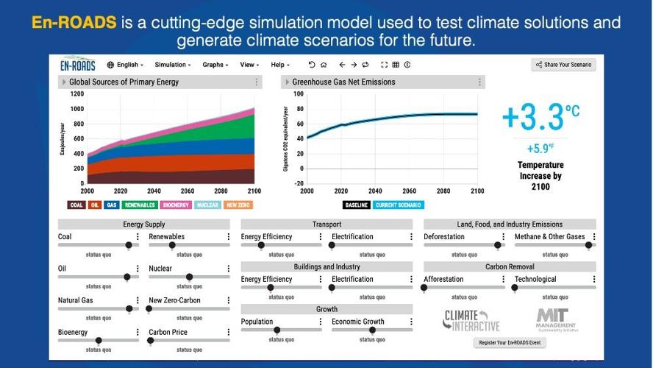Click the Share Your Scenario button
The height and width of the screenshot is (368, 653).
pos(564,65)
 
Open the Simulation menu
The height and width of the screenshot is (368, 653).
pos(172,65)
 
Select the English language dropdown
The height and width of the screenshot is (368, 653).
pos(126,65)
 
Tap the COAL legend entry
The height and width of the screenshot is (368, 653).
pos(76,205)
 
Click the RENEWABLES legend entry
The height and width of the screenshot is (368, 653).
pos(139,205)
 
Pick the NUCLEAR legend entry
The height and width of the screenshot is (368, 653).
pos(207,205)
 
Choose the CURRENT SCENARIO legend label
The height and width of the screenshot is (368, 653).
pos(398,205)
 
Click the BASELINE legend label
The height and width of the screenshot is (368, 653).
pos(356,205)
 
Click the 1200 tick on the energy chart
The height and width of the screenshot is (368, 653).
pos(77,94)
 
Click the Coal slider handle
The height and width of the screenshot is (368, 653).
pos(129,246)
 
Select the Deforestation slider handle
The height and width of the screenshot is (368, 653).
pos(498,246)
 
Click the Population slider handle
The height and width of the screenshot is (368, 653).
pos(277,330)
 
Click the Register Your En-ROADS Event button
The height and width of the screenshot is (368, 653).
pos(510,343)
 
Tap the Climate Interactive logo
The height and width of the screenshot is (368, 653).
pos(471,320)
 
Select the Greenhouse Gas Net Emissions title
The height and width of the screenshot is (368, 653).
pos(343,82)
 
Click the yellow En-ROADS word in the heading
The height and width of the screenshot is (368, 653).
pos(74,22)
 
